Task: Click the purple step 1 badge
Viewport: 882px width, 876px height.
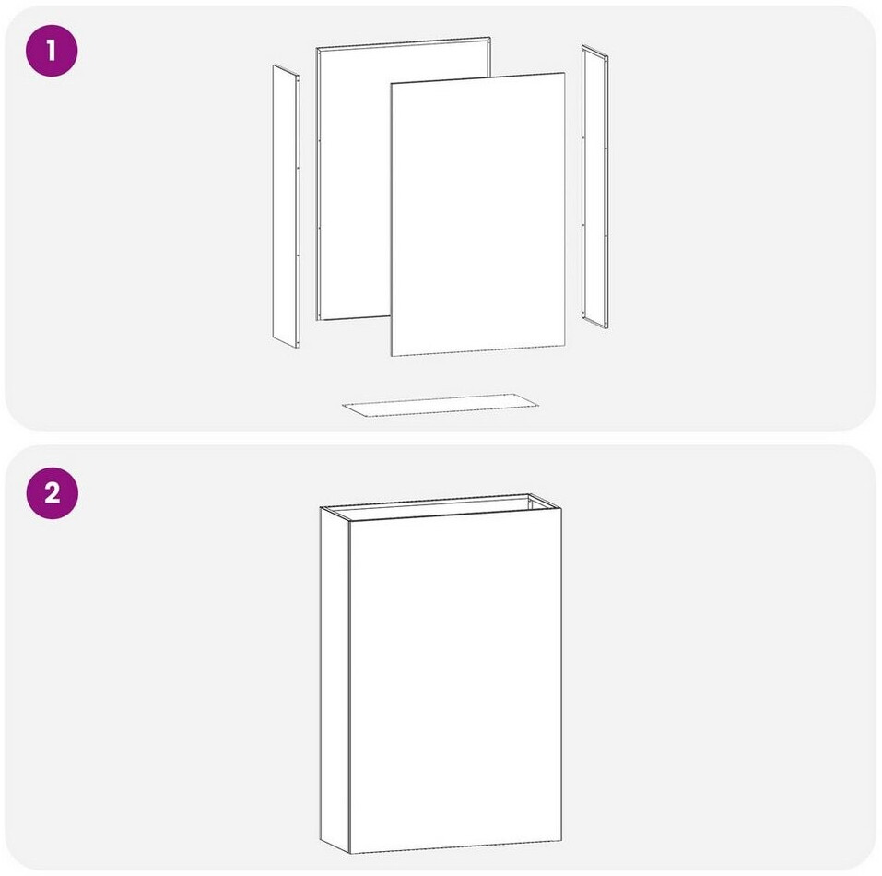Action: click(x=52, y=51)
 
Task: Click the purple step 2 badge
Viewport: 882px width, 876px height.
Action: click(x=52, y=492)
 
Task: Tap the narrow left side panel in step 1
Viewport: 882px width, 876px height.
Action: click(x=286, y=206)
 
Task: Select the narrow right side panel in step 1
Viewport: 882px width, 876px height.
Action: click(x=594, y=187)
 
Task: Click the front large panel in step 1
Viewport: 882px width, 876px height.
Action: click(x=478, y=214)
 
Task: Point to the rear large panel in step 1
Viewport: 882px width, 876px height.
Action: click(x=355, y=180)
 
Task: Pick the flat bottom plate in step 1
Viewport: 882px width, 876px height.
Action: click(x=441, y=405)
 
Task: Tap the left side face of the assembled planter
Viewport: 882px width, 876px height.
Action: click(x=335, y=679)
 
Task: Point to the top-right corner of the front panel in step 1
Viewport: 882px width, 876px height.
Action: click(x=565, y=73)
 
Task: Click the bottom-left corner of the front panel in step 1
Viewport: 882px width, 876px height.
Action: click(x=392, y=356)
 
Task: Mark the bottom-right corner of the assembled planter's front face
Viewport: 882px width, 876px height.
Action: click(x=561, y=841)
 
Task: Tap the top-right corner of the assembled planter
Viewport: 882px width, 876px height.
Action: click(x=561, y=509)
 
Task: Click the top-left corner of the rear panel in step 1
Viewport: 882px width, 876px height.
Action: click(x=316, y=48)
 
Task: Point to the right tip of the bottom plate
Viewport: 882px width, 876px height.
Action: click(x=538, y=404)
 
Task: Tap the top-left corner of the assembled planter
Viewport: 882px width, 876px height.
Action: click(x=321, y=507)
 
